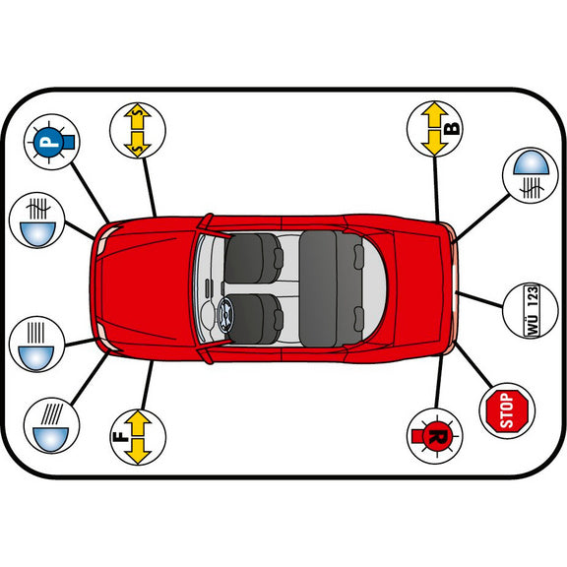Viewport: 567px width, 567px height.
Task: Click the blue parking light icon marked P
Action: (51, 142)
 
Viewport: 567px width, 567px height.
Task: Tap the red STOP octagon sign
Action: (507, 410)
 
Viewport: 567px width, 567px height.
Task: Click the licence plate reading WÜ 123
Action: (532, 311)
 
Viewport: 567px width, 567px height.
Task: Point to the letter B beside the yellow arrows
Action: (451, 128)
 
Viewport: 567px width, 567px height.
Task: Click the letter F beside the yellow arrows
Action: (121, 437)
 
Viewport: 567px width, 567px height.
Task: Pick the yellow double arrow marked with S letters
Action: (138, 131)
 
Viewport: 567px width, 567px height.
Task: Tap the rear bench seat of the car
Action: (332, 288)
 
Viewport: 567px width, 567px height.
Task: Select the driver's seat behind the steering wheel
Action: (255, 319)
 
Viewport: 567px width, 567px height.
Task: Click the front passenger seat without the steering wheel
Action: (253, 258)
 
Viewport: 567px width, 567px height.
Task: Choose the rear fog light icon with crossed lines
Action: (531, 175)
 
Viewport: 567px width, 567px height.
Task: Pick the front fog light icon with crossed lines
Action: (36, 220)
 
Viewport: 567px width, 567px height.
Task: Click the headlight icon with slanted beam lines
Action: (51, 425)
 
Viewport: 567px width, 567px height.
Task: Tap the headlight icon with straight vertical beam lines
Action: (36, 344)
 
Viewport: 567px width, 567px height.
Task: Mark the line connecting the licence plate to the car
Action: (479, 299)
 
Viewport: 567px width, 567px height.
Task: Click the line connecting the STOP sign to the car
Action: (473, 365)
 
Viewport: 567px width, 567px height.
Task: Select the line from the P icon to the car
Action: (91, 193)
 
